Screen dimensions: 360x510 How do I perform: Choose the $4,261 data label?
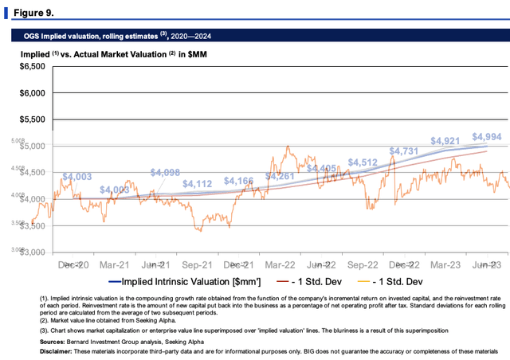coord(280,175)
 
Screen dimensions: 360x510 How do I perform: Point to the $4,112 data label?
coord(198,184)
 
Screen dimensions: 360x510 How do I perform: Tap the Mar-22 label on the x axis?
coord(280,264)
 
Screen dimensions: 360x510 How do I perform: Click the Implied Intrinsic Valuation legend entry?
coord(183,281)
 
